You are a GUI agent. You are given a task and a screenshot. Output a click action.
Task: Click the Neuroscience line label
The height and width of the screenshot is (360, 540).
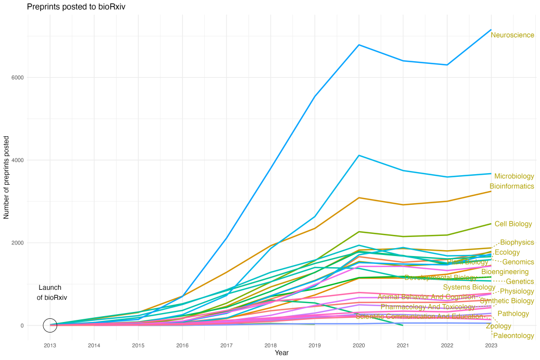pyautogui.click(x=513, y=35)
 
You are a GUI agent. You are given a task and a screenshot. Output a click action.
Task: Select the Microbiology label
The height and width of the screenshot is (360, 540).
pyautogui.click(x=514, y=176)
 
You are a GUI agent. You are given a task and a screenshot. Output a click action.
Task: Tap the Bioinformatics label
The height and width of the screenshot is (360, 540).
pyautogui.click(x=511, y=186)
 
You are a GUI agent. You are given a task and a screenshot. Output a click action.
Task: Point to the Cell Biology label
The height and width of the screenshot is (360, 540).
pyautogui.click(x=513, y=224)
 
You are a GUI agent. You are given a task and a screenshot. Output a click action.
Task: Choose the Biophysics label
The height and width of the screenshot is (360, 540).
pyautogui.click(x=517, y=243)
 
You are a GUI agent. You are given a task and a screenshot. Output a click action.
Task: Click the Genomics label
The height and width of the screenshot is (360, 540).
pyautogui.click(x=518, y=262)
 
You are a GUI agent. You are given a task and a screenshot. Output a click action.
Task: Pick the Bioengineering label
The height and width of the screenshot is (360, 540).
pyautogui.click(x=505, y=272)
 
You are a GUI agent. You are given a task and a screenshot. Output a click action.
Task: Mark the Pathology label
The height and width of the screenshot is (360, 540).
pyautogui.click(x=513, y=314)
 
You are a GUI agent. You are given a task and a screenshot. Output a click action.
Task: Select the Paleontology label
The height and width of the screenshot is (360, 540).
pyautogui.click(x=513, y=336)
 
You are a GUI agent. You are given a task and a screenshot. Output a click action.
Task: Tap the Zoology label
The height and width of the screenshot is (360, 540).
pyautogui.click(x=499, y=326)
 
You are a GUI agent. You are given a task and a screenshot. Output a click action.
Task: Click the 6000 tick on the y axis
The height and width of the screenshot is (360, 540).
pyautogui.click(x=17, y=78)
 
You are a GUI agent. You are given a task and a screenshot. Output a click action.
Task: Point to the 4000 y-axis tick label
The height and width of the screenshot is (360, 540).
pyautogui.click(x=17, y=160)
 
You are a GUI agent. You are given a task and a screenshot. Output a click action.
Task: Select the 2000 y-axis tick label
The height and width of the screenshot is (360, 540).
pyautogui.click(x=17, y=243)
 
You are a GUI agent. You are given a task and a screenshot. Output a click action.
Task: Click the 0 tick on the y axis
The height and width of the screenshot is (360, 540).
pyautogui.click(x=22, y=326)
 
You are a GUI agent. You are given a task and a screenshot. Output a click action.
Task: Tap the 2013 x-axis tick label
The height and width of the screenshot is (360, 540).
pyautogui.click(x=50, y=346)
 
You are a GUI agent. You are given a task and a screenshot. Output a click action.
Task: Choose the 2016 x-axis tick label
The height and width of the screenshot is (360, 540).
pyautogui.click(x=182, y=346)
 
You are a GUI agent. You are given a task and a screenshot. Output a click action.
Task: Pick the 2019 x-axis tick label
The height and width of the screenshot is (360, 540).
pyautogui.click(x=315, y=346)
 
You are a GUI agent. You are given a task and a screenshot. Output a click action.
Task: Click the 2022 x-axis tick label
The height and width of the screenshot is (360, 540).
pyautogui.click(x=447, y=346)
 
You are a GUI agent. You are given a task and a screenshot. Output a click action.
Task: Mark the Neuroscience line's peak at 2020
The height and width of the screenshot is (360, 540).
pyautogui.click(x=359, y=44)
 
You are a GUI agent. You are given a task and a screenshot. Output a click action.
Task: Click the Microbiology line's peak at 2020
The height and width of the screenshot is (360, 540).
pyautogui.click(x=359, y=155)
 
